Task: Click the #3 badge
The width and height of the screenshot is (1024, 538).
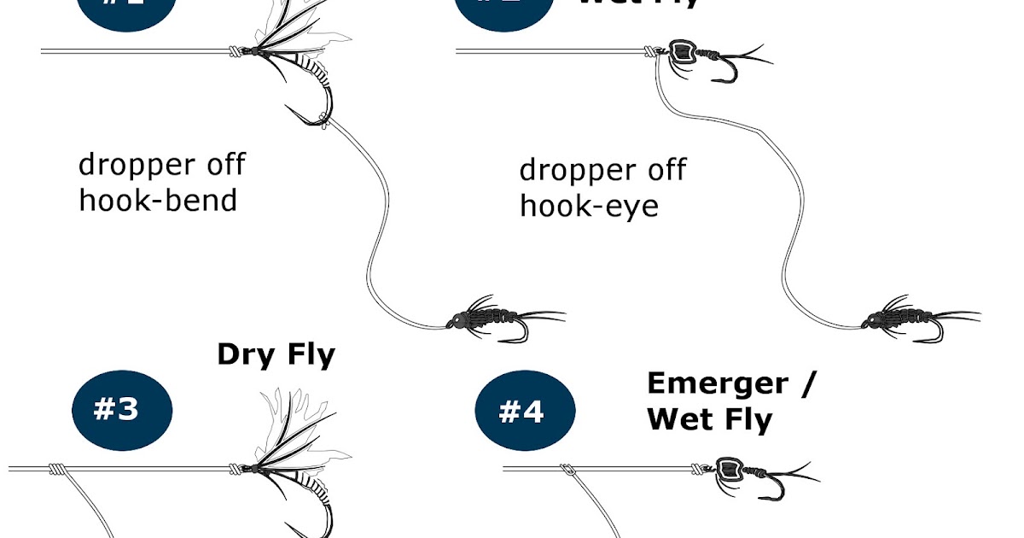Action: coord(121,410)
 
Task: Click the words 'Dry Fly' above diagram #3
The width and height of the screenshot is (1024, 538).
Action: coord(276,354)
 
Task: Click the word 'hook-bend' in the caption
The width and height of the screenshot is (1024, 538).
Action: coord(157,200)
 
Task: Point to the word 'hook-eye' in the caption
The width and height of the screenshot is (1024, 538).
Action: coord(589,205)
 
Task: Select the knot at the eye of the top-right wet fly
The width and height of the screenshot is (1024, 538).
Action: coord(654,52)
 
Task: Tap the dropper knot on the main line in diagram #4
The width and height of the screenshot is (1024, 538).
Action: coord(567,469)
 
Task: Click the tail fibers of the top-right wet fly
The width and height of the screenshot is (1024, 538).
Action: coord(751,56)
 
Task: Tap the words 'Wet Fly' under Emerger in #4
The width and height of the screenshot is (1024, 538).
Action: coord(709,419)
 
